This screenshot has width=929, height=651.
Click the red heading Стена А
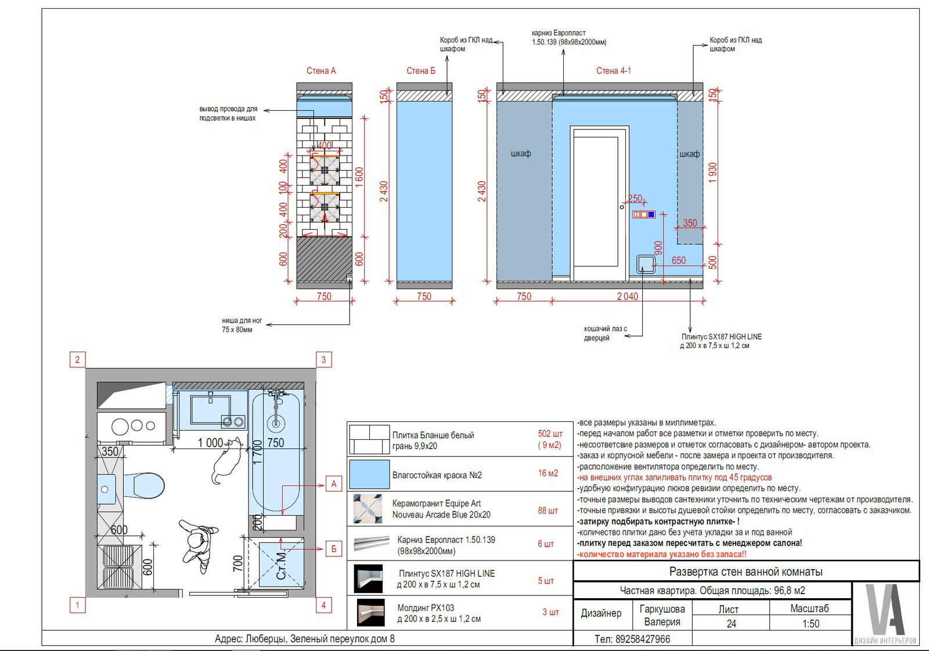pyautogui.click(x=321, y=71)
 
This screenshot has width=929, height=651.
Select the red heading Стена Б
pyautogui.click(x=421, y=71)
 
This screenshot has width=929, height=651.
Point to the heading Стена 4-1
pyautogui.click(x=613, y=71)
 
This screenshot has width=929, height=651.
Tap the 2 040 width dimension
pyautogui.click(x=627, y=296)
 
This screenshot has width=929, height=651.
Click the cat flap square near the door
pyautogui.click(x=646, y=265)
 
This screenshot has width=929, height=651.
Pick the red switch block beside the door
pyautogui.click(x=644, y=215)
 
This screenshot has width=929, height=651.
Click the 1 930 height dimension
pyautogui.click(x=712, y=173)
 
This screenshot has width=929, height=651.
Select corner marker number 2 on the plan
pyautogui.click(x=77, y=359)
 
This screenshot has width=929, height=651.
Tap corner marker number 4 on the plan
pyautogui.click(x=323, y=605)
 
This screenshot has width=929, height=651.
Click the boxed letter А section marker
pyautogui.click(x=334, y=484)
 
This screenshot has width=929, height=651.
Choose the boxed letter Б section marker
pyautogui.click(x=334, y=549)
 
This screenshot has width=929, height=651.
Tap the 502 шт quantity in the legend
pyautogui.click(x=550, y=434)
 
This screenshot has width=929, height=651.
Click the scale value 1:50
pyautogui.click(x=811, y=624)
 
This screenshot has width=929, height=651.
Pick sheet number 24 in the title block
pyautogui.click(x=731, y=624)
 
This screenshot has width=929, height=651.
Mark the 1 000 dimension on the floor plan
pyautogui.click(x=210, y=443)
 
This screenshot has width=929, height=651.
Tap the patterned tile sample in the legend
pyautogui.click(x=368, y=509)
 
